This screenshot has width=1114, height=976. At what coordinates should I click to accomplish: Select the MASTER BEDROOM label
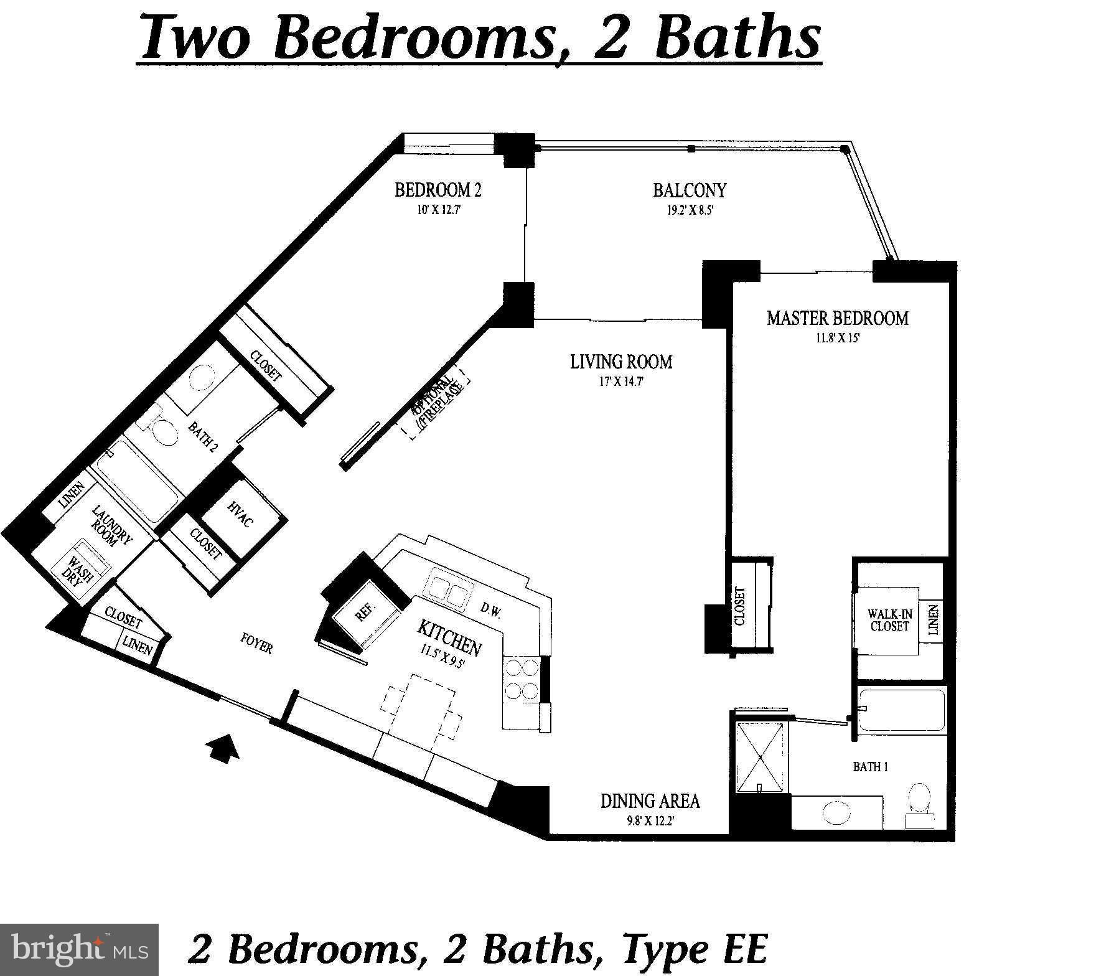(837, 318)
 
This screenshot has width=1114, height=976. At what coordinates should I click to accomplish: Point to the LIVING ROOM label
(621, 362)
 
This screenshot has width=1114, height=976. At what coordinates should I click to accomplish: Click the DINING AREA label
(650, 800)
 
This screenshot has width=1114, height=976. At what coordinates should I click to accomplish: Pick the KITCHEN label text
(449, 638)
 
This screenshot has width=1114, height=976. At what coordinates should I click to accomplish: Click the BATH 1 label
(870, 767)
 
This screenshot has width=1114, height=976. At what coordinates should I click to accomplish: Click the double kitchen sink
(447, 589)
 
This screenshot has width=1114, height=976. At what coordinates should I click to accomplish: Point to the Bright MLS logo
(79, 950)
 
